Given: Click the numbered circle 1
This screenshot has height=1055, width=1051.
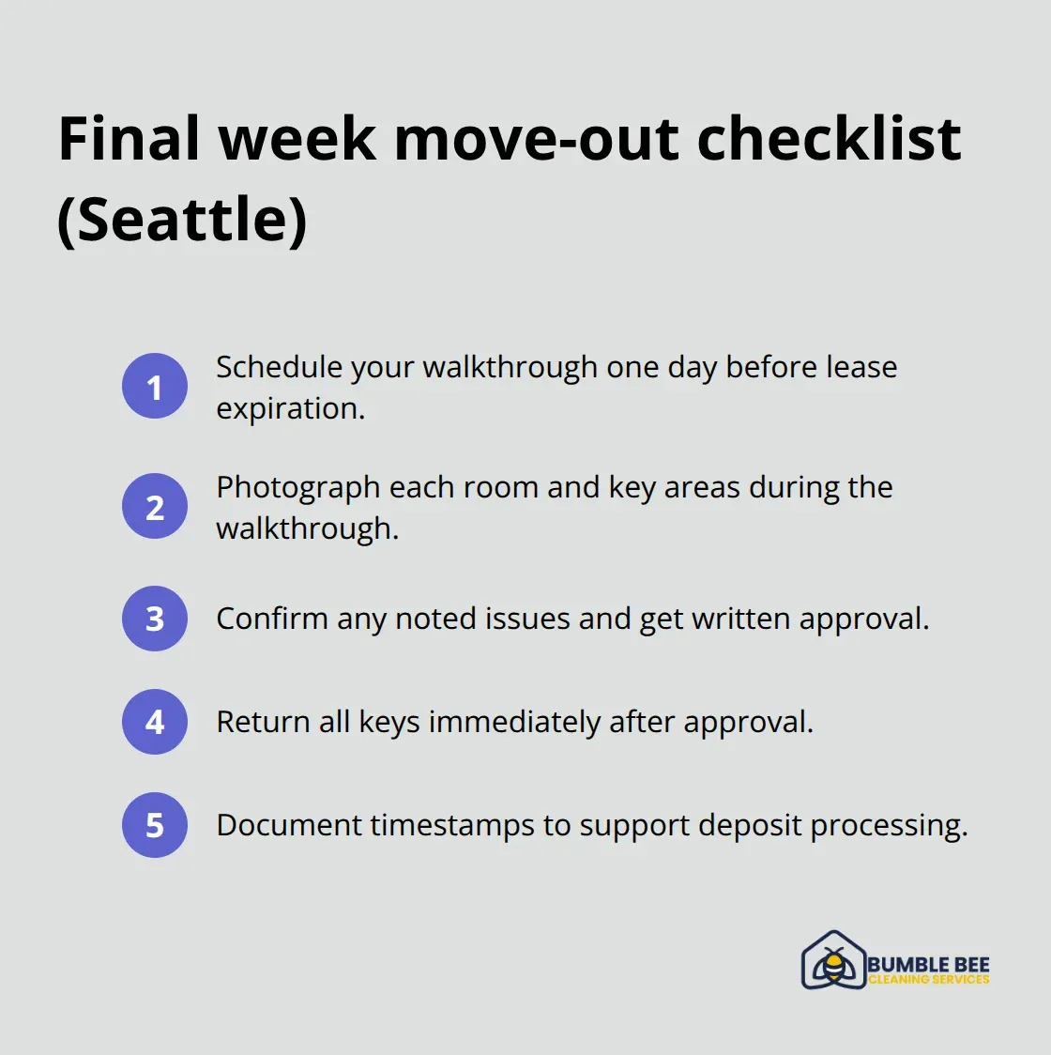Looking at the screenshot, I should click(155, 386).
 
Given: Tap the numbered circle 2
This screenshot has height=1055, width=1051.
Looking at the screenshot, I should click(155, 507).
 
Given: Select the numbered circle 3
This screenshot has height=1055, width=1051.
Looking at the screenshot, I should click(155, 619).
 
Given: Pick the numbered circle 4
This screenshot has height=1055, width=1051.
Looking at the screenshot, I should click(155, 722).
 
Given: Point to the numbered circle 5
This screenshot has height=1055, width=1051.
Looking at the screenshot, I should click(155, 825).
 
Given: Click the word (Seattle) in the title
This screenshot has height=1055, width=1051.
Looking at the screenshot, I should click(182, 220).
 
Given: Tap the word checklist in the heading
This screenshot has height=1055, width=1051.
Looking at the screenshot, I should click(829, 139).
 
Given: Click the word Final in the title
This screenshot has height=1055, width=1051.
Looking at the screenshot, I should click(129, 139).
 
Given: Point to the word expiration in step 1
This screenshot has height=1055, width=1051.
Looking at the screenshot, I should click(289, 409).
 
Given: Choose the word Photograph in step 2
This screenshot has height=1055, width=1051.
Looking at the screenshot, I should click(297, 488).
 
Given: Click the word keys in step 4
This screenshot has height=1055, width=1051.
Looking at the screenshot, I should click(388, 723).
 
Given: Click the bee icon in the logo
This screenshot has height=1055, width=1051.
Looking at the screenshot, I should click(833, 963).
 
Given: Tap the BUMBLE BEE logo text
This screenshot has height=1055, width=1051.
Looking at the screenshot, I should click(928, 965).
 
